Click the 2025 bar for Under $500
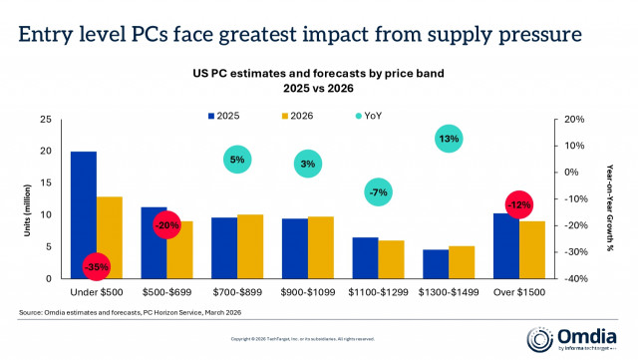coord(84,214)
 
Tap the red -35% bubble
coord(97,266)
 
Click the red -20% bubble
coord(167,225)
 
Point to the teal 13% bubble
coord(449,139)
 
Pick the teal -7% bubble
coord(378,191)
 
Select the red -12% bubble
coord(518,205)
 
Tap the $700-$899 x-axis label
coord(237,291)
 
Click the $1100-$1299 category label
coord(378,291)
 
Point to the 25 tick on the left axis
coord(45,119)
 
